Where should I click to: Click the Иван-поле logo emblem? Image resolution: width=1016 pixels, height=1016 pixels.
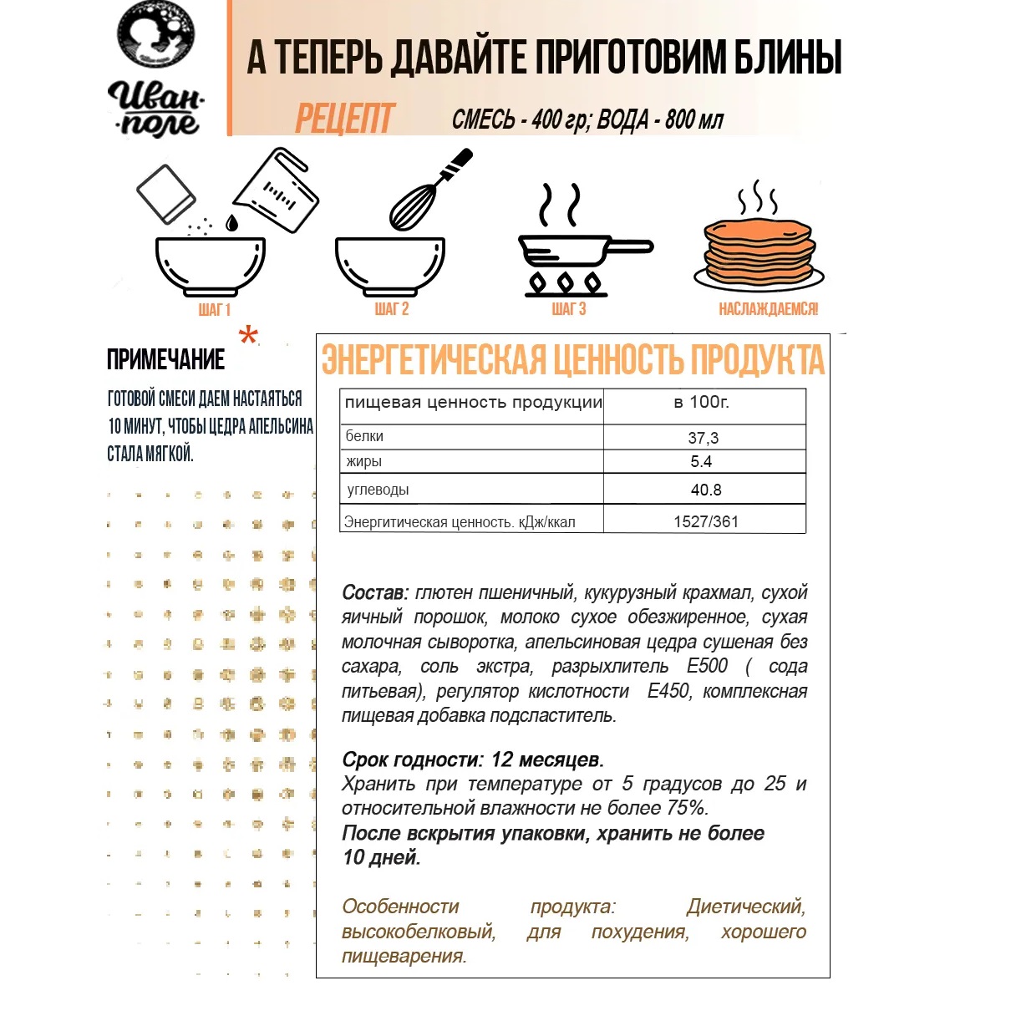[x=155, y=35]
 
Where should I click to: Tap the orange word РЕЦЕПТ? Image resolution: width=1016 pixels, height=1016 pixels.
[x=344, y=119]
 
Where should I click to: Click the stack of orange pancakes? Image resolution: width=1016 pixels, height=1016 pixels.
[x=759, y=251]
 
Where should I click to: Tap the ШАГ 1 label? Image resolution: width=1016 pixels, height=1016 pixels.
[x=214, y=310]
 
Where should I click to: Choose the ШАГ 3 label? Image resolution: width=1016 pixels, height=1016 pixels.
[x=569, y=309]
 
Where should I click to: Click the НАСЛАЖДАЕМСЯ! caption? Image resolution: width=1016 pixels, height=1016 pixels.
[x=768, y=309]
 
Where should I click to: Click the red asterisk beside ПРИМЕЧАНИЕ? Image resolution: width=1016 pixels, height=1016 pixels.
[x=248, y=336]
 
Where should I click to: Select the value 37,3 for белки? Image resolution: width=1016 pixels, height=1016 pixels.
[x=703, y=438]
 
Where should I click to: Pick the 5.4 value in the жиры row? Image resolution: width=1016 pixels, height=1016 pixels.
[x=701, y=462]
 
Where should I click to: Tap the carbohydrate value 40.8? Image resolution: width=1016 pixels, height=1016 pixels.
[x=706, y=490]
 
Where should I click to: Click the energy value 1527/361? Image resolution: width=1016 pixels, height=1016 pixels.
[x=706, y=522]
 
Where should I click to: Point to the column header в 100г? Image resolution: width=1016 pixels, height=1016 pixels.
[x=701, y=402]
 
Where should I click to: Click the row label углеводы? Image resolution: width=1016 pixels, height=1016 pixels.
[x=378, y=490]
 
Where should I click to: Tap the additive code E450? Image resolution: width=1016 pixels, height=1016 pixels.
[x=668, y=691]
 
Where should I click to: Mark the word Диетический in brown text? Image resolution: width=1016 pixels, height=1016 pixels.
[x=745, y=907]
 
